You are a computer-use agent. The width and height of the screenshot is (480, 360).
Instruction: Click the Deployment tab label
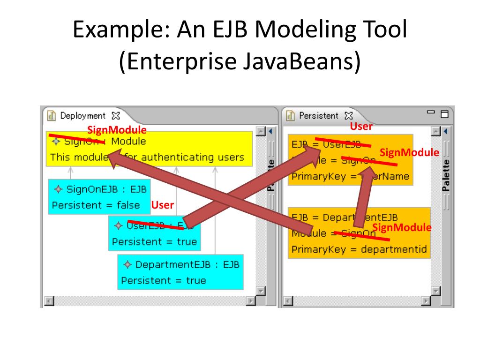pyautogui.click(x=82, y=115)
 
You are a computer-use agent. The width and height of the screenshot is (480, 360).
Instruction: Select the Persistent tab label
pyautogui.click(x=318, y=115)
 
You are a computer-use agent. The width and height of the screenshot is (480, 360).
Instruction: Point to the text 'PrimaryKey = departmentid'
pyautogui.click(x=359, y=249)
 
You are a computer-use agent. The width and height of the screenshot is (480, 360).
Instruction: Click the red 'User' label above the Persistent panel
pyautogui.click(x=361, y=127)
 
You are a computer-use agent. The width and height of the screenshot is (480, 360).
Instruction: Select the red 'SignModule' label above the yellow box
pyautogui.click(x=117, y=130)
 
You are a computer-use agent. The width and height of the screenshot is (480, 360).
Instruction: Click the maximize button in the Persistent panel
pyautogui.click(x=444, y=114)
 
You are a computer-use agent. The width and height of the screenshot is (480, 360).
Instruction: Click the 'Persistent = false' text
pyautogui.click(x=96, y=205)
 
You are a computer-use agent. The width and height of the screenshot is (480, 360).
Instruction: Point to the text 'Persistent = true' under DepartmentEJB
pyautogui.click(x=163, y=281)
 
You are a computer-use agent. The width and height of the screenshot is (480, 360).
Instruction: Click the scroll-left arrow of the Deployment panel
pyautogui.click(x=48, y=301)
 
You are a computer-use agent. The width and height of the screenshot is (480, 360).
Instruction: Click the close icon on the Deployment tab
pyautogui.click(x=115, y=115)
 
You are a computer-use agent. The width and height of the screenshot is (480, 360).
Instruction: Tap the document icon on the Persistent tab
pyautogui.click(x=291, y=115)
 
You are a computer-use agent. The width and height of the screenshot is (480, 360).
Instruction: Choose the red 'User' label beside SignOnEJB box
pyautogui.click(x=162, y=205)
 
